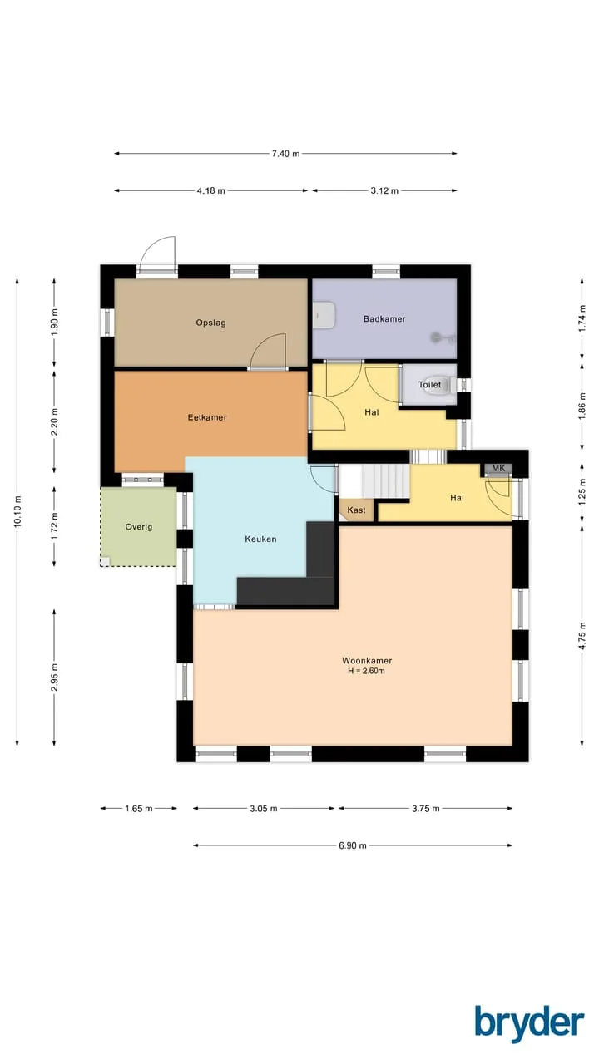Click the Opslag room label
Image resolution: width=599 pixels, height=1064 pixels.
210,323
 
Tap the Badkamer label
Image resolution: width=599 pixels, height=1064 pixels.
384,318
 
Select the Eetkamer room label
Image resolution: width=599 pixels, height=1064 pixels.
207,417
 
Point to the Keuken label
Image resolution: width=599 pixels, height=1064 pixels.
260,539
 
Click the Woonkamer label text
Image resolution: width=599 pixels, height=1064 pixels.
367,660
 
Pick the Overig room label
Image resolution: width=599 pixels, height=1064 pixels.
139,527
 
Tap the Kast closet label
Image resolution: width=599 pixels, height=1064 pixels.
357,510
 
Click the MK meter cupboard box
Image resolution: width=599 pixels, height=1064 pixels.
498,468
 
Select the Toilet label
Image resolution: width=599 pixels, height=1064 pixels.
430,384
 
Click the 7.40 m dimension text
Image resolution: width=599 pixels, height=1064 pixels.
285,154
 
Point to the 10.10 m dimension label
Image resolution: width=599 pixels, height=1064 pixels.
17,511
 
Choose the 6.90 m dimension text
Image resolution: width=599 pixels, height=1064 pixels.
353,845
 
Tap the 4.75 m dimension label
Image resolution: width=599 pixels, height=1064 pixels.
582,636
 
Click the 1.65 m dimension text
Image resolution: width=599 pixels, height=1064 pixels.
139,808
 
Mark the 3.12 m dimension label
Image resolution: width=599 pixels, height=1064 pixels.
384,190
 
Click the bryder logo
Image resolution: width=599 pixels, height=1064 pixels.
530,1025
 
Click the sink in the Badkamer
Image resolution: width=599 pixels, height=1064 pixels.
324,314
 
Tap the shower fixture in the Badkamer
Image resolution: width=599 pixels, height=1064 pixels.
442,337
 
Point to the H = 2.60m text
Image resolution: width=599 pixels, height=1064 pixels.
367,671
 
